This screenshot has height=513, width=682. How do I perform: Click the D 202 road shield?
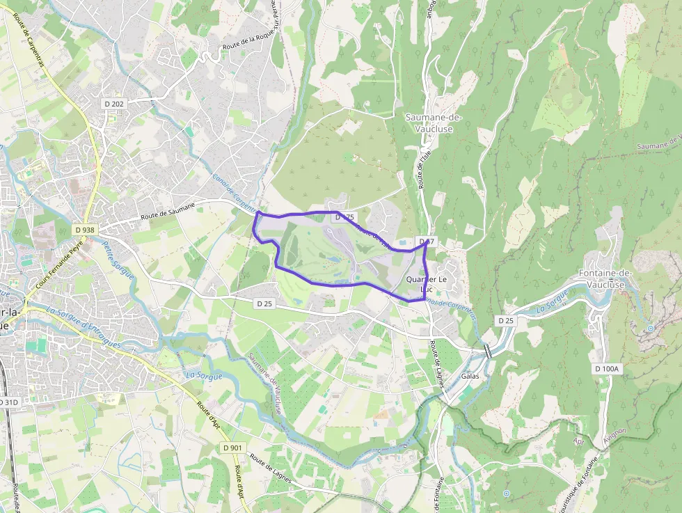[113, 104]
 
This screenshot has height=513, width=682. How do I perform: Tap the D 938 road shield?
[84, 230]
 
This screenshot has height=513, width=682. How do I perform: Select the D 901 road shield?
[232, 447]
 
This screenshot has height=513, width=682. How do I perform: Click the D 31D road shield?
[9, 402]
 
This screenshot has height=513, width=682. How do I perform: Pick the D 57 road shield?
[427, 242]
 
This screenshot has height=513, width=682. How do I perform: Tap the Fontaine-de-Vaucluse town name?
[604, 278]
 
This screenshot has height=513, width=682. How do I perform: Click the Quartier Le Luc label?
[426, 284]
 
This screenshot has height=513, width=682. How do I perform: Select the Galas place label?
[470, 376]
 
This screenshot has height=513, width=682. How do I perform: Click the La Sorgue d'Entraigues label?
[84, 328]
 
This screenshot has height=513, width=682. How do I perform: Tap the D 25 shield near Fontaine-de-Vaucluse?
[505, 320]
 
